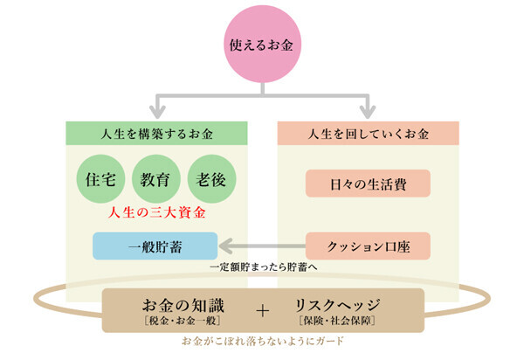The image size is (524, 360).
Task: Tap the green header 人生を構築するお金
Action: (x=156, y=135)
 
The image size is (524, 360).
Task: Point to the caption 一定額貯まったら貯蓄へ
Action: (x=261, y=267)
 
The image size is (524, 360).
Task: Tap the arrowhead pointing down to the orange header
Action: (x=368, y=111)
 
